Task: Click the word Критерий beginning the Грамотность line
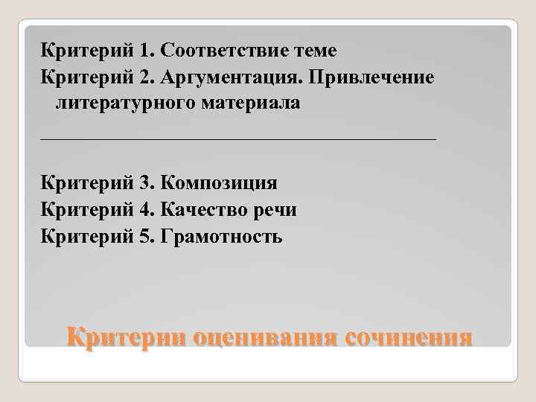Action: (x=86, y=237)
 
